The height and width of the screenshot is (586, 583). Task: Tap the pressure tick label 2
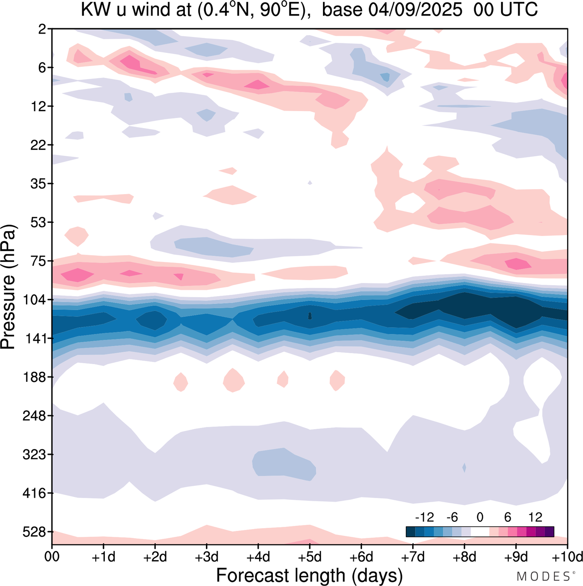(42, 29)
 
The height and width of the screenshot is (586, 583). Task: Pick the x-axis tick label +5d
(310, 557)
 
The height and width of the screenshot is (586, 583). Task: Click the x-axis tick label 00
(52, 557)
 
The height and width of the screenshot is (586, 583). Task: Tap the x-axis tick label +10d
(567, 557)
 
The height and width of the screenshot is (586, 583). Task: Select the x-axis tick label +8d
(465, 557)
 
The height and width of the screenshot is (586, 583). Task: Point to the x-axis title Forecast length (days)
(309, 575)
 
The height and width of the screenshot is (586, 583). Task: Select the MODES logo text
(544, 576)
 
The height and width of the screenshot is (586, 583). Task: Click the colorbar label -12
(424, 517)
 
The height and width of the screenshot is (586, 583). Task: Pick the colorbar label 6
(507, 517)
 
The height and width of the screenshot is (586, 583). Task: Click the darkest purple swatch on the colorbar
(549, 531)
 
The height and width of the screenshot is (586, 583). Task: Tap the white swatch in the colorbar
(480, 531)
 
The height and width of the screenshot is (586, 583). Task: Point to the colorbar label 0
(480, 517)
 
